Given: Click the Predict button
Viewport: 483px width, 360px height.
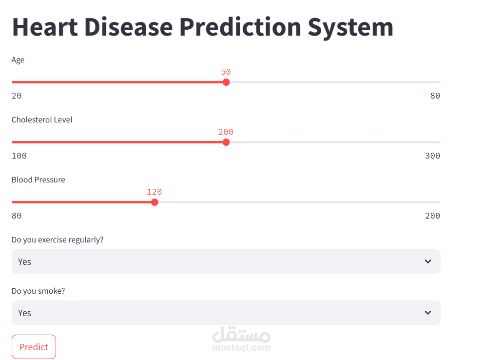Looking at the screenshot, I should click(x=34, y=347).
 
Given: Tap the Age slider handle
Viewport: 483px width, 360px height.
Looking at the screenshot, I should click(x=226, y=82).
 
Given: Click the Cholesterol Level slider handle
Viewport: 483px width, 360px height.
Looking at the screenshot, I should click(x=226, y=142).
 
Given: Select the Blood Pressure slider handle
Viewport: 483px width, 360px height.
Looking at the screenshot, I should click(x=155, y=202).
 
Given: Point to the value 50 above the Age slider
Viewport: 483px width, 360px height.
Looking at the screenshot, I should click(x=226, y=72).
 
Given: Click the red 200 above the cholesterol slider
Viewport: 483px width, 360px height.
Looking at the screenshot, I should click(x=226, y=132).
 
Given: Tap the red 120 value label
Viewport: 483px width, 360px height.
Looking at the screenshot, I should click(x=155, y=192).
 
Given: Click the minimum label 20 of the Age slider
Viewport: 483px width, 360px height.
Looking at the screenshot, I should click(x=17, y=96).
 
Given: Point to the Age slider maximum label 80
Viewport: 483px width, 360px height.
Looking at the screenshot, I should click(x=435, y=96).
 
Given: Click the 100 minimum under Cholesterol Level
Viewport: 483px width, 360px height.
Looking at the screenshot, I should click(x=19, y=156).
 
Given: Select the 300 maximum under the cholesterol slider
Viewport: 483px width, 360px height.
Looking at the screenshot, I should click(x=432, y=156).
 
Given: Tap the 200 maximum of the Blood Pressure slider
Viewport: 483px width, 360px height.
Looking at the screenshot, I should click(x=432, y=216).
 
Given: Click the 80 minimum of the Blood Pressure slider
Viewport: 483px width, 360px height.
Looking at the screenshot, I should click(x=17, y=216).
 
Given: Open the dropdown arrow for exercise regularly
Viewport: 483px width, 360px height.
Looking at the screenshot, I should click(x=427, y=261).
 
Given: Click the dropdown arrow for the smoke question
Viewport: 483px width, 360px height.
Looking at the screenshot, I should click(x=427, y=313).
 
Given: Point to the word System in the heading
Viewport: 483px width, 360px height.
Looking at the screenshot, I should click(x=350, y=27).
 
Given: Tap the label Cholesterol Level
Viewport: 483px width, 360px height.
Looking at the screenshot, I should click(x=42, y=120).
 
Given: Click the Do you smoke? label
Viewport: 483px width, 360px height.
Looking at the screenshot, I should click(x=38, y=291).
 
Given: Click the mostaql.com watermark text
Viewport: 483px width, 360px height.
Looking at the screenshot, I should click(x=241, y=348).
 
